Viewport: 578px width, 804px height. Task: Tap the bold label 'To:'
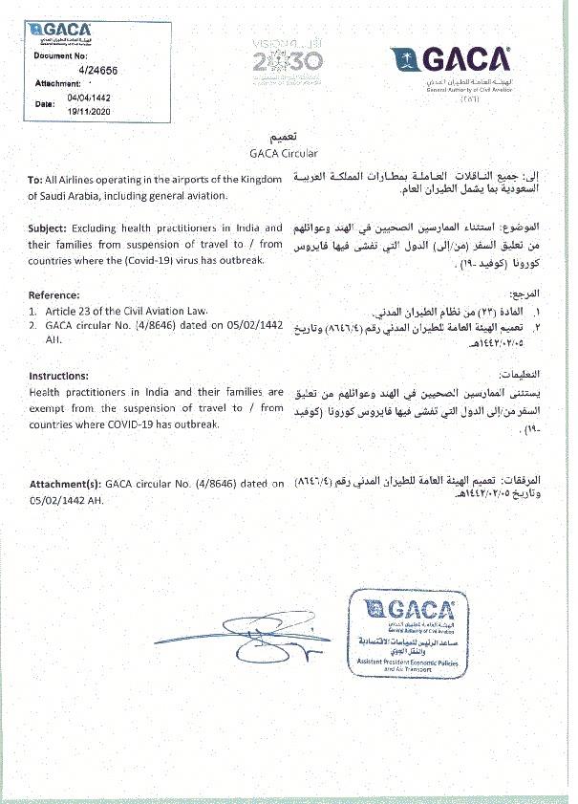point(36,180)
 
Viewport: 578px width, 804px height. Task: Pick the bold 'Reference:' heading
point(54,294)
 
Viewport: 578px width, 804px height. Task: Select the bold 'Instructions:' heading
point(58,376)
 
